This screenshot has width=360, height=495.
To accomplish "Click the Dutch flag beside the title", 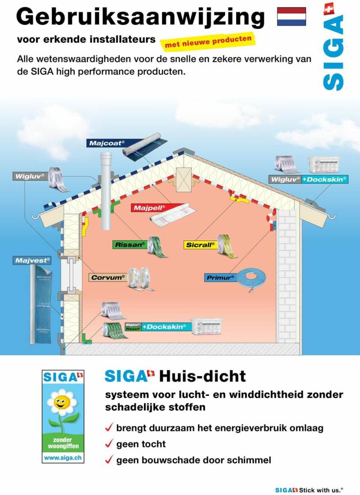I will [291, 16].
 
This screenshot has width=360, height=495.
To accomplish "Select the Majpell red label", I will [149, 208].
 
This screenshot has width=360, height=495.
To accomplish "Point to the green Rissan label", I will [130, 245].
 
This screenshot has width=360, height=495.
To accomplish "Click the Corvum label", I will [108, 277].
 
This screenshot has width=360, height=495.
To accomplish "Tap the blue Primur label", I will [220, 278].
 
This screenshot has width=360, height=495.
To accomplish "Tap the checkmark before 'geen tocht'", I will [108, 444].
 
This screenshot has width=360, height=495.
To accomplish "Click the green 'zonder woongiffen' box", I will [63, 442].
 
